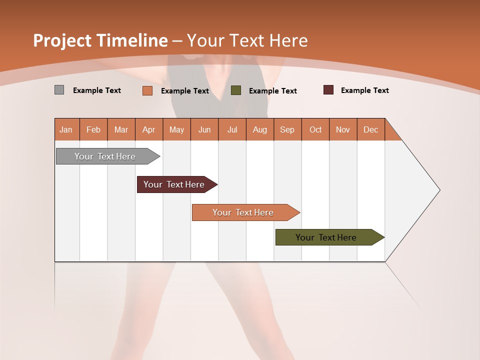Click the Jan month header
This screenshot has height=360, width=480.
point(66,129)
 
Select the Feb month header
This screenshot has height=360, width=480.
point(93,129)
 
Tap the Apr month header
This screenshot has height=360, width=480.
point(149,129)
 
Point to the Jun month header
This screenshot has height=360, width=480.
point(204,129)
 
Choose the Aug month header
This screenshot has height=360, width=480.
point(260,129)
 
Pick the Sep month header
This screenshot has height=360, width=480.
point(287,129)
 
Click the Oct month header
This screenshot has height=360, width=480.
point(315,129)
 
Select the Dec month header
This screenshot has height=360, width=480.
point(371,129)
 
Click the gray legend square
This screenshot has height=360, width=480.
point(59,90)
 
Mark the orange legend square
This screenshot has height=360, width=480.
point(147,90)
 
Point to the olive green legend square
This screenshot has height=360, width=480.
point(236,90)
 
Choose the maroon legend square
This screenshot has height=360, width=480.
point(328,90)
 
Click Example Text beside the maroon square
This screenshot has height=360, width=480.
point(364,90)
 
